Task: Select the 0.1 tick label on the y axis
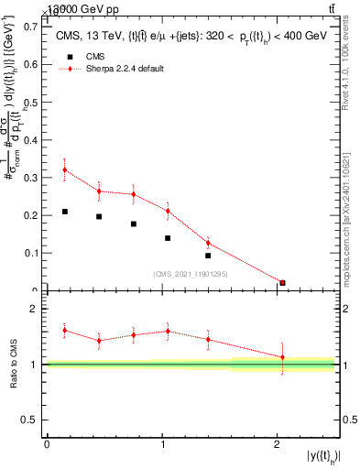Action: [31, 252]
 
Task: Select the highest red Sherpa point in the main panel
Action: [64, 169]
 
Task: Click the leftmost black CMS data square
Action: [64, 212]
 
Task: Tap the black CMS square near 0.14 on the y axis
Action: [168, 238]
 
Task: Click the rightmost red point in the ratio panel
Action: [282, 357]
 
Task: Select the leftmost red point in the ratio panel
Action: [64, 330]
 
